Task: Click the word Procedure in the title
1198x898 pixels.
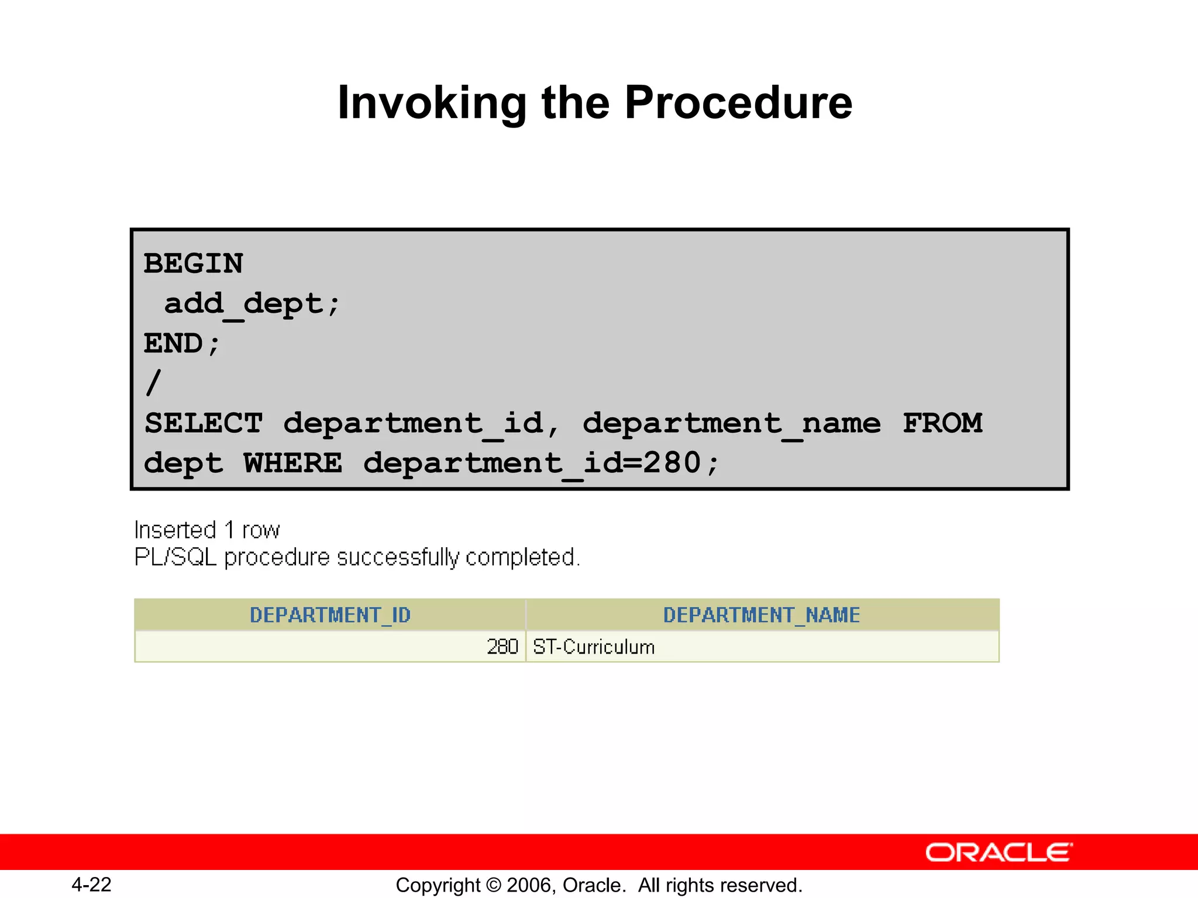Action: (x=738, y=103)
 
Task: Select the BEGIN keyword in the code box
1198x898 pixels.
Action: (x=194, y=264)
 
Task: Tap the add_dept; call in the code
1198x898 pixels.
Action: (x=252, y=304)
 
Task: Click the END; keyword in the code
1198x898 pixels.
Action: (x=182, y=344)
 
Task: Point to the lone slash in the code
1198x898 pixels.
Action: (x=153, y=383)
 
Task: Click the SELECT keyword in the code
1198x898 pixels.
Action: (x=204, y=423)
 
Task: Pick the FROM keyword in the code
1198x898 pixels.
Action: (x=942, y=423)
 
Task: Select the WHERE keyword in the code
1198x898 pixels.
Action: (x=292, y=463)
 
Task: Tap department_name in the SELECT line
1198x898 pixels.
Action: (x=731, y=423)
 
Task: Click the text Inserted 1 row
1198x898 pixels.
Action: (x=207, y=530)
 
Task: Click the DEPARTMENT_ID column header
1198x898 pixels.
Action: (x=330, y=615)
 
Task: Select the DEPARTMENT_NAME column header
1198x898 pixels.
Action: (x=762, y=615)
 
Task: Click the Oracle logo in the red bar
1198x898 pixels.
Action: (x=999, y=852)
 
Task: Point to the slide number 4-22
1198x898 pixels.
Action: (x=91, y=885)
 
